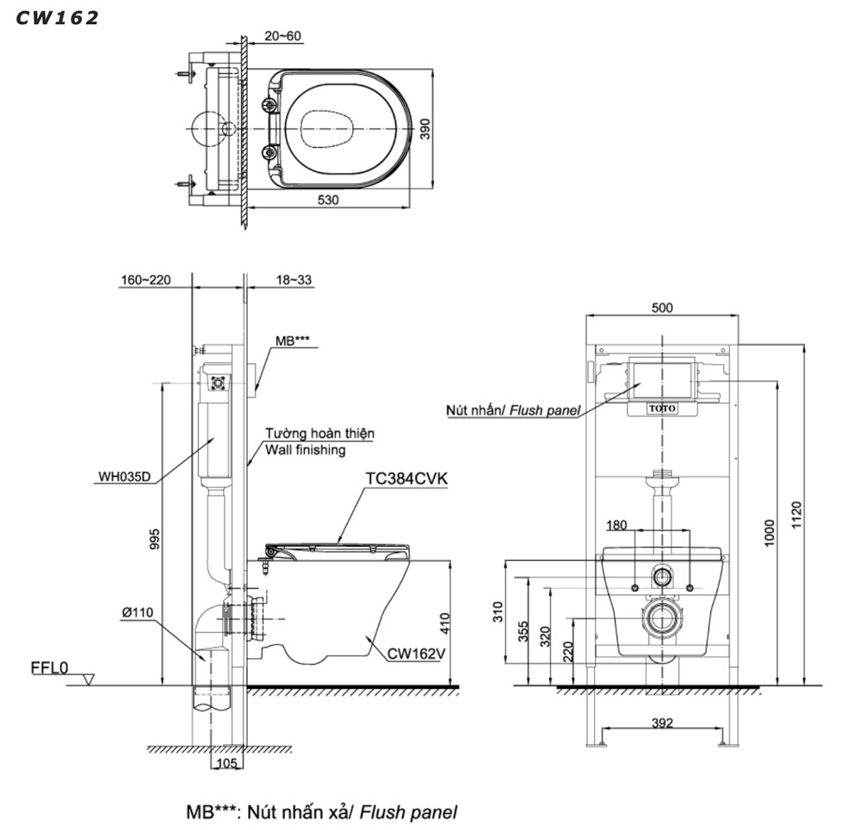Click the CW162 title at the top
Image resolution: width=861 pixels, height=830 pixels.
click(57, 17)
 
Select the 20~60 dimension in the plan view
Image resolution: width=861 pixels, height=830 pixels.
click(283, 36)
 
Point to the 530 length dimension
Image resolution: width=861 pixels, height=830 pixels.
click(327, 200)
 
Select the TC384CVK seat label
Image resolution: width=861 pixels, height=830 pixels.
click(400, 479)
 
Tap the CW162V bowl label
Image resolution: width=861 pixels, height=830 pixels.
click(416, 653)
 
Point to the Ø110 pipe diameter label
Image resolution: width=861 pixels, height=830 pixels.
click(137, 612)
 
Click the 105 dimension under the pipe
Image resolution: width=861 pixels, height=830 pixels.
click(226, 763)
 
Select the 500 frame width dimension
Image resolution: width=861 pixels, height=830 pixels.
click(662, 308)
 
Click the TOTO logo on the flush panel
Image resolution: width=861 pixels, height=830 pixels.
click(662, 409)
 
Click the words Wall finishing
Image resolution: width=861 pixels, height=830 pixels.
click(306, 449)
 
